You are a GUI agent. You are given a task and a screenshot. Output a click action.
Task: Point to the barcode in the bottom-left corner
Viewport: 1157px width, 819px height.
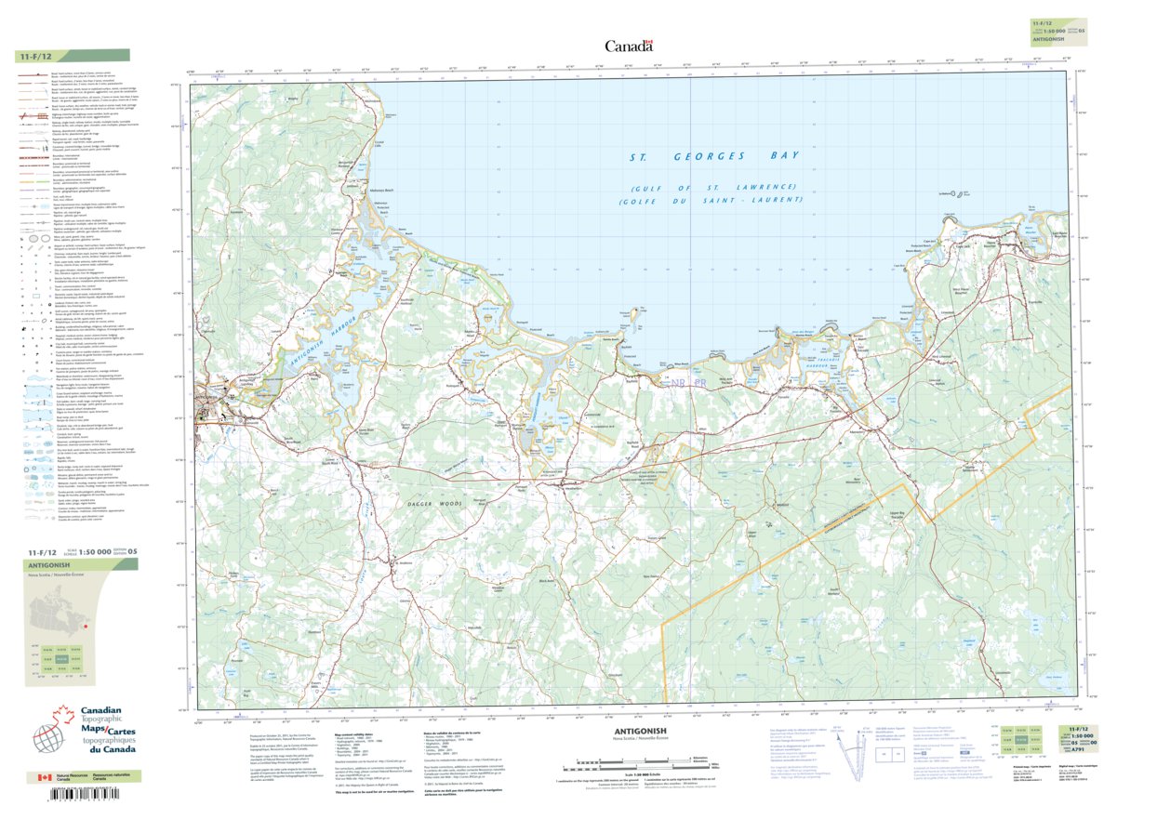(70, 798)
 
